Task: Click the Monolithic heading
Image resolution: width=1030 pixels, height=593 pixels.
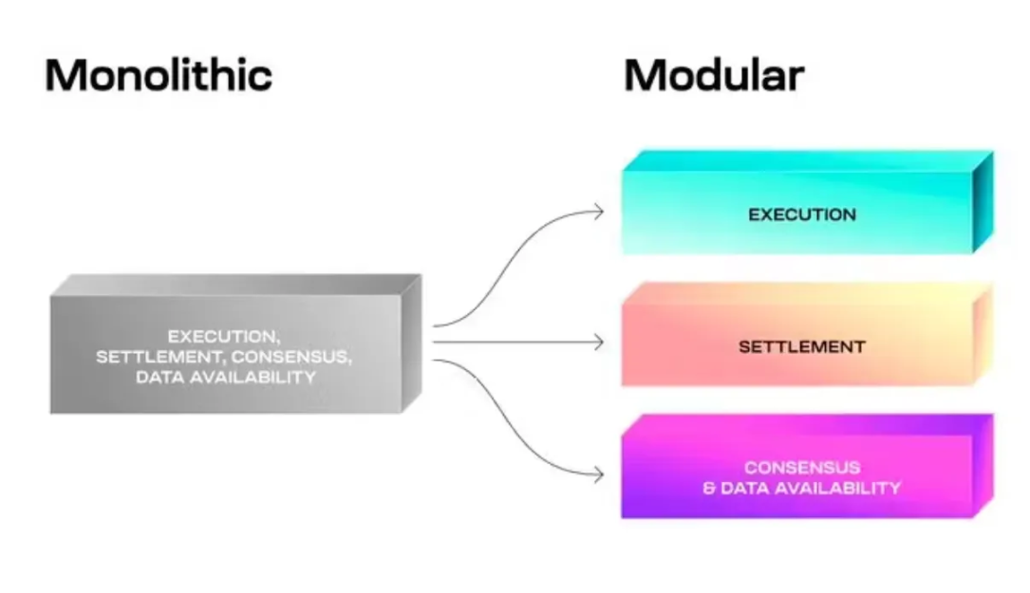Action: (159, 76)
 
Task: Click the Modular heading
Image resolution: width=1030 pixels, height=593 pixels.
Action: (714, 76)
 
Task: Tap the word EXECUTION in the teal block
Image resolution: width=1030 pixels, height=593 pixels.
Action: (802, 214)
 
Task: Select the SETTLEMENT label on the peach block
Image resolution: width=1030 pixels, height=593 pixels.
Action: (802, 347)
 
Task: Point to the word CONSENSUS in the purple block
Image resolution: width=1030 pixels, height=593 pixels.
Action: (802, 468)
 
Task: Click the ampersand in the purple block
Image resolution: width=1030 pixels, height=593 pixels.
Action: (709, 489)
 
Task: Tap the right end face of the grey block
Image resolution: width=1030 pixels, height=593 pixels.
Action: (411, 342)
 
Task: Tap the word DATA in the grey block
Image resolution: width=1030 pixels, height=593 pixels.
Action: (159, 378)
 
